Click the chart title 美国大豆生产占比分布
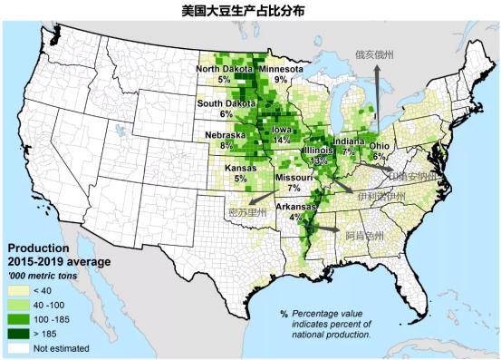point(251,11)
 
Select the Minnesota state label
point(281,69)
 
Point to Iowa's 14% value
point(282,140)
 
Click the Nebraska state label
point(213,136)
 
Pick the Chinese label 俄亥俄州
point(374,54)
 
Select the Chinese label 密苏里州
point(246,212)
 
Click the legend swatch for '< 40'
point(18,290)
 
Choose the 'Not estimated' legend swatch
point(18,346)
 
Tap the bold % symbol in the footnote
point(284,314)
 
